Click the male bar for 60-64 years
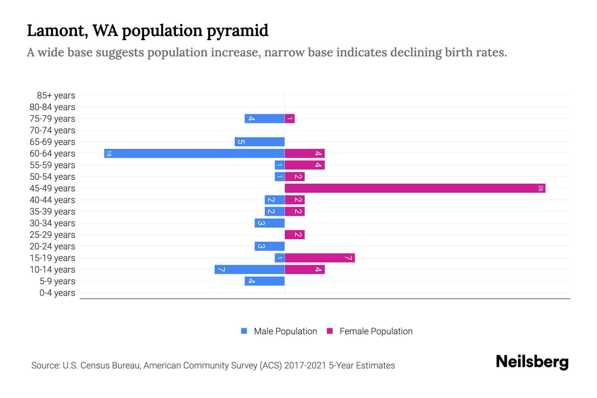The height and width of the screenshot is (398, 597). tap(194, 153)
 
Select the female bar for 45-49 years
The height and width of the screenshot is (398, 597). tap(415, 188)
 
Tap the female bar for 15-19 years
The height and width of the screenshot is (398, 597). tap(320, 258)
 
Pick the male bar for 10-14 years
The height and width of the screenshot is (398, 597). tap(249, 269)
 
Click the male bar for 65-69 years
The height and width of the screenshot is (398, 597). tap(259, 142)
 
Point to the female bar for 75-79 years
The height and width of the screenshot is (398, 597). tap(290, 118)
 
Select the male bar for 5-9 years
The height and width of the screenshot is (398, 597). tap(264, 281)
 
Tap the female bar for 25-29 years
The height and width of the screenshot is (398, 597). tap(295, 234)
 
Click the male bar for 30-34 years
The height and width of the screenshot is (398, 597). tap(269, 223)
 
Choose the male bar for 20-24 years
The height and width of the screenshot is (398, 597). tap(269, 246)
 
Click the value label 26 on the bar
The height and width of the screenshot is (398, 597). tap(541, 188)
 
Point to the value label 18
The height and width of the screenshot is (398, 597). tap(109, 153)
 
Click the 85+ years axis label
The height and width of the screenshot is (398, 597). tap(56, 96)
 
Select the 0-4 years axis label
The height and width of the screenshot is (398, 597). tap(57, 293)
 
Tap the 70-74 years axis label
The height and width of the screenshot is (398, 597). tap(52, 130)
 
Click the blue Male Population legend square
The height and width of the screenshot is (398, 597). tap(244, 331)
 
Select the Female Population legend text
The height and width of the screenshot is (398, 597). tap(376, 331)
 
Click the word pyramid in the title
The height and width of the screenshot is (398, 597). tap(237, 31)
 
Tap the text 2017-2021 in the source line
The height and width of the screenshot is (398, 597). tap(305, 365)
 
